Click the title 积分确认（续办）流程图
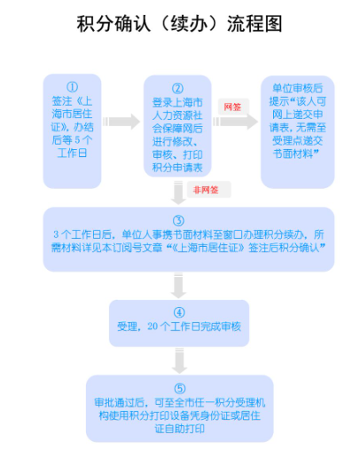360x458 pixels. [179, 24]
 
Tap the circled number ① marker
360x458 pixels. [73, 87]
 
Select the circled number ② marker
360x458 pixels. [177, 88]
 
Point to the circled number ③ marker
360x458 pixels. [178, 221]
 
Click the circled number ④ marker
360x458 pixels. [179, 312]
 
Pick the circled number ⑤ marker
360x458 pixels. [180, 389]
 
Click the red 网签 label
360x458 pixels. [232, 107]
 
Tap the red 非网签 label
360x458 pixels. [206, 190]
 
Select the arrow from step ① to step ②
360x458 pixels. [121, 122]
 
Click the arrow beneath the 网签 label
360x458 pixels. [236, 122]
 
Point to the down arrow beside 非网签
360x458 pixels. [178, 193]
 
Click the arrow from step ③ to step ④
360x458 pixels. [178, 286]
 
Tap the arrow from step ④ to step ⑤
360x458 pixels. [179, 361]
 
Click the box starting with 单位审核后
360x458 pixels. [298, 132]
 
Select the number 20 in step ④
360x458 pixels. [153, 326]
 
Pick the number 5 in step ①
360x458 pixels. [77, 140]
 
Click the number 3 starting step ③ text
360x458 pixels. [56, 234]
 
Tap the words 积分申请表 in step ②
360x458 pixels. [177, 168]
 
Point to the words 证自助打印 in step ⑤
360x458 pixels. [180, 429]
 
